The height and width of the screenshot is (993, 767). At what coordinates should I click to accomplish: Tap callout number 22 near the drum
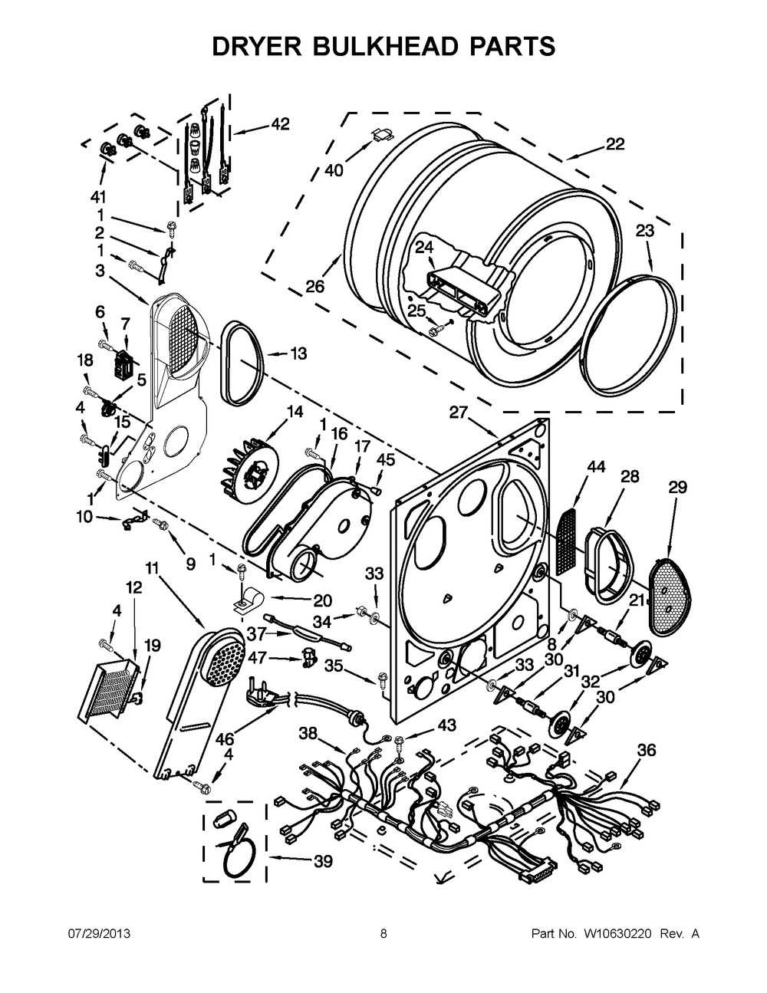(614, 143)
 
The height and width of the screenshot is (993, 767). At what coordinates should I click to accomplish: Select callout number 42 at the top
(280, 124)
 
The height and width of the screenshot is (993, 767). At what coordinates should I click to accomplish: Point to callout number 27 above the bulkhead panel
(458, 413)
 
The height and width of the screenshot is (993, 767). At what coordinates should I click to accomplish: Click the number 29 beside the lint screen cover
(677, 487)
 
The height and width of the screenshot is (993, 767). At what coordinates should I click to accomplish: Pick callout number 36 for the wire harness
(647, 750)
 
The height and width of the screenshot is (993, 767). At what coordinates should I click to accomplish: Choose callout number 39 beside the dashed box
(322, 862)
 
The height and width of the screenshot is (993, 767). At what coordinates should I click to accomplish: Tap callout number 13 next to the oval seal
(298, 353)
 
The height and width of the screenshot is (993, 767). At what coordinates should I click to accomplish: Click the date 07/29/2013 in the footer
(98, 933)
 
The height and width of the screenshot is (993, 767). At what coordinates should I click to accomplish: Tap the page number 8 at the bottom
(383, 933)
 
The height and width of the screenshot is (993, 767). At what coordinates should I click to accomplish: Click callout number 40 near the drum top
(333, 170)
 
